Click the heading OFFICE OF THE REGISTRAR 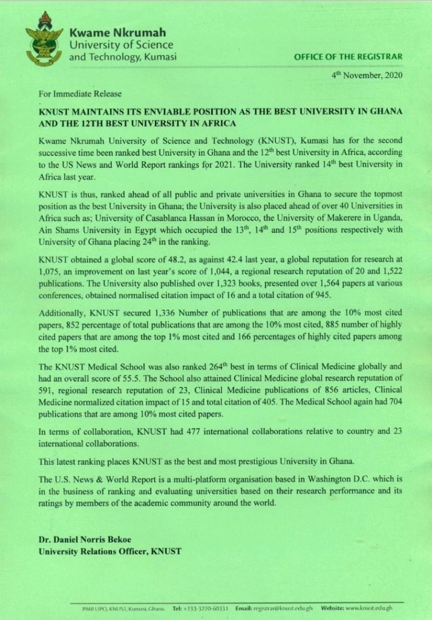point(347,57)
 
